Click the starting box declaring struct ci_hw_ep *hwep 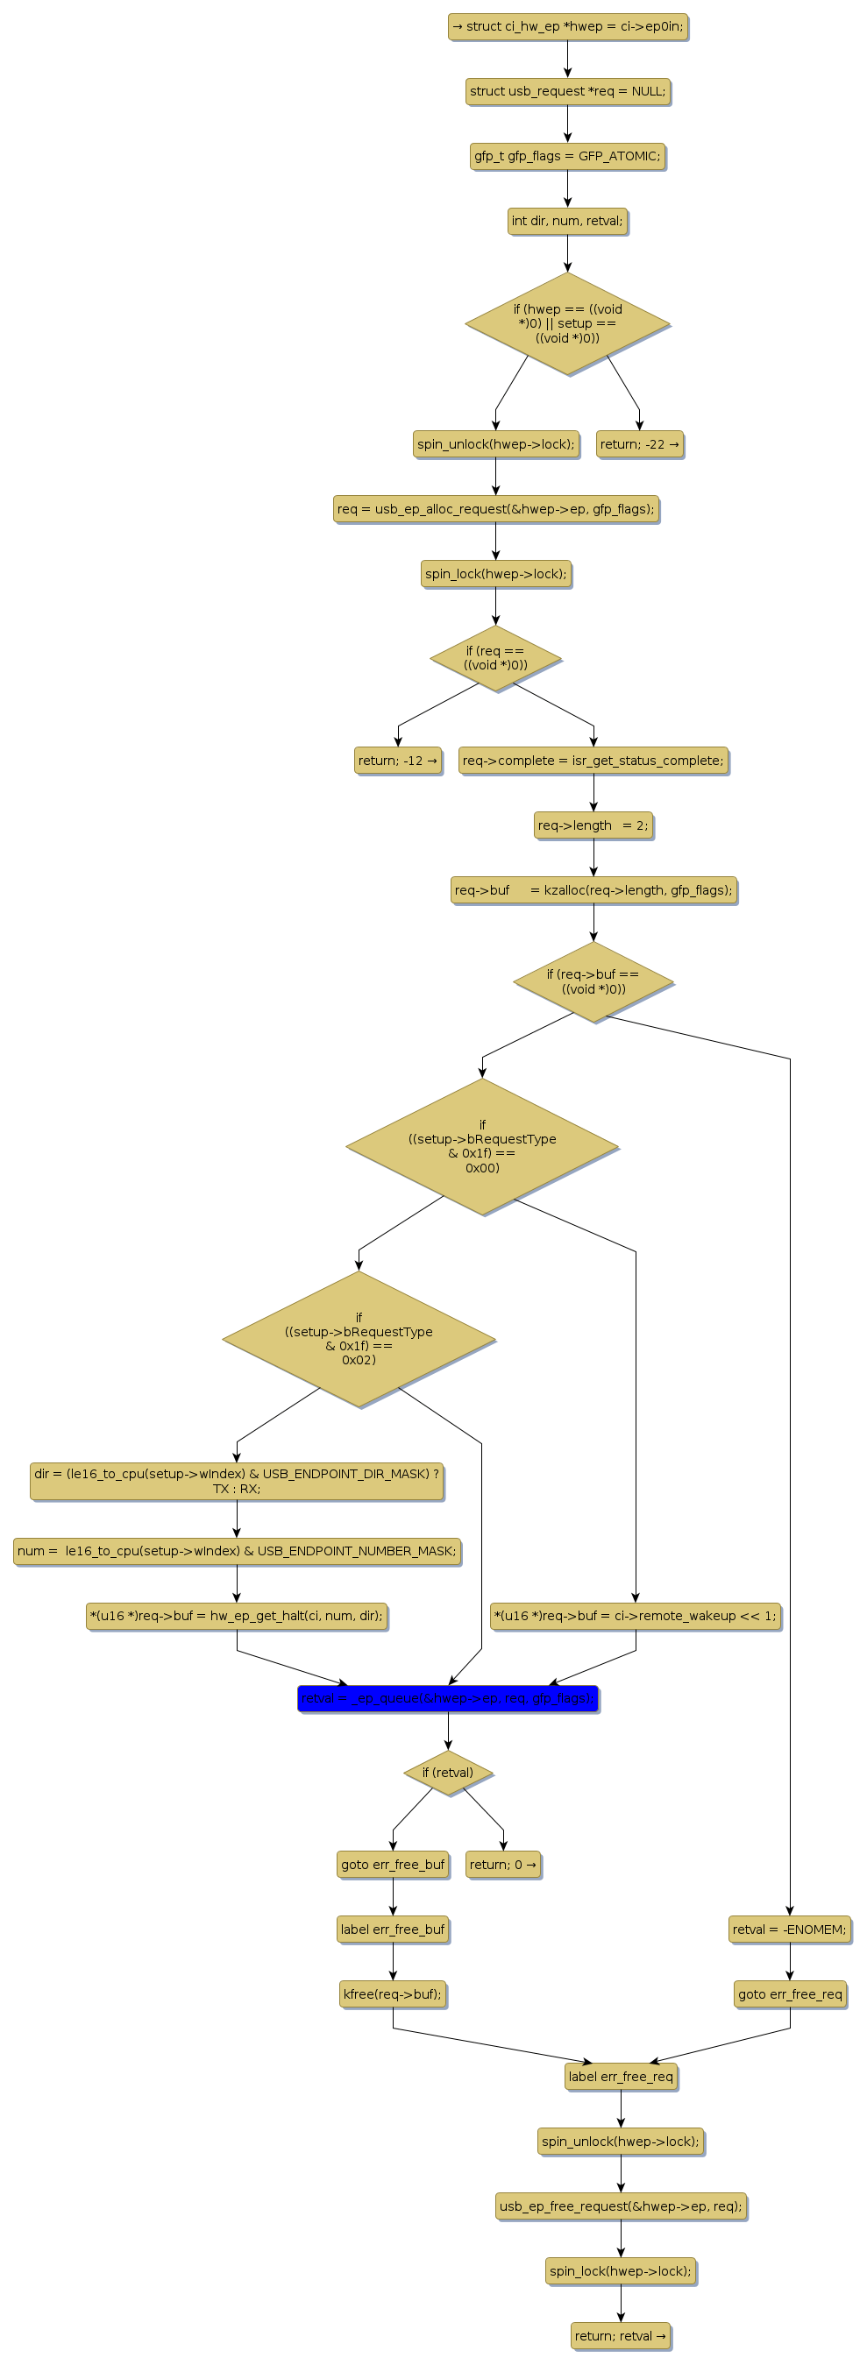567,26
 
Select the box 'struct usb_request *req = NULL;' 567,91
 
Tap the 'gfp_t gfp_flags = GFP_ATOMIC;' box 567,156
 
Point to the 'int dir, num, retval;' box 567,220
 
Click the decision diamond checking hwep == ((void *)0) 567,323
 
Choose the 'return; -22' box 639,444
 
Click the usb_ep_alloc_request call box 495,508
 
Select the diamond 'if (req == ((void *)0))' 495,658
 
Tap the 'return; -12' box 398,761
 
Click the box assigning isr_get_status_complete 593,761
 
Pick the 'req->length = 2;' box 593,825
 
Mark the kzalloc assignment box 593,889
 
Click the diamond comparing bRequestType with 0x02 359,1339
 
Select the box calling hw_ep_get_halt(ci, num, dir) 237,1615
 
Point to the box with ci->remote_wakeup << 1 635,1615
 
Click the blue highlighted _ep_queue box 448,1698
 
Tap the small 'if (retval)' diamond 448,1773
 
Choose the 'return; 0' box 503,1865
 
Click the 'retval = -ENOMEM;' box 789,1929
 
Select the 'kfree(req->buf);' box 392,1993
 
